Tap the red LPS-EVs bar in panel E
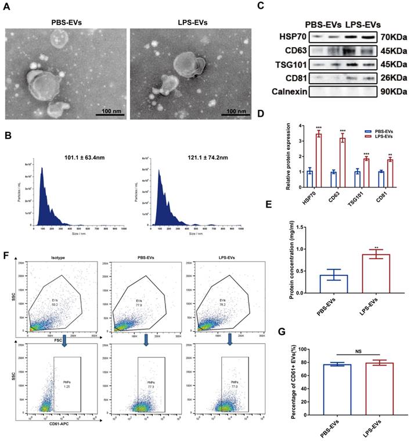tap(367, 274)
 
